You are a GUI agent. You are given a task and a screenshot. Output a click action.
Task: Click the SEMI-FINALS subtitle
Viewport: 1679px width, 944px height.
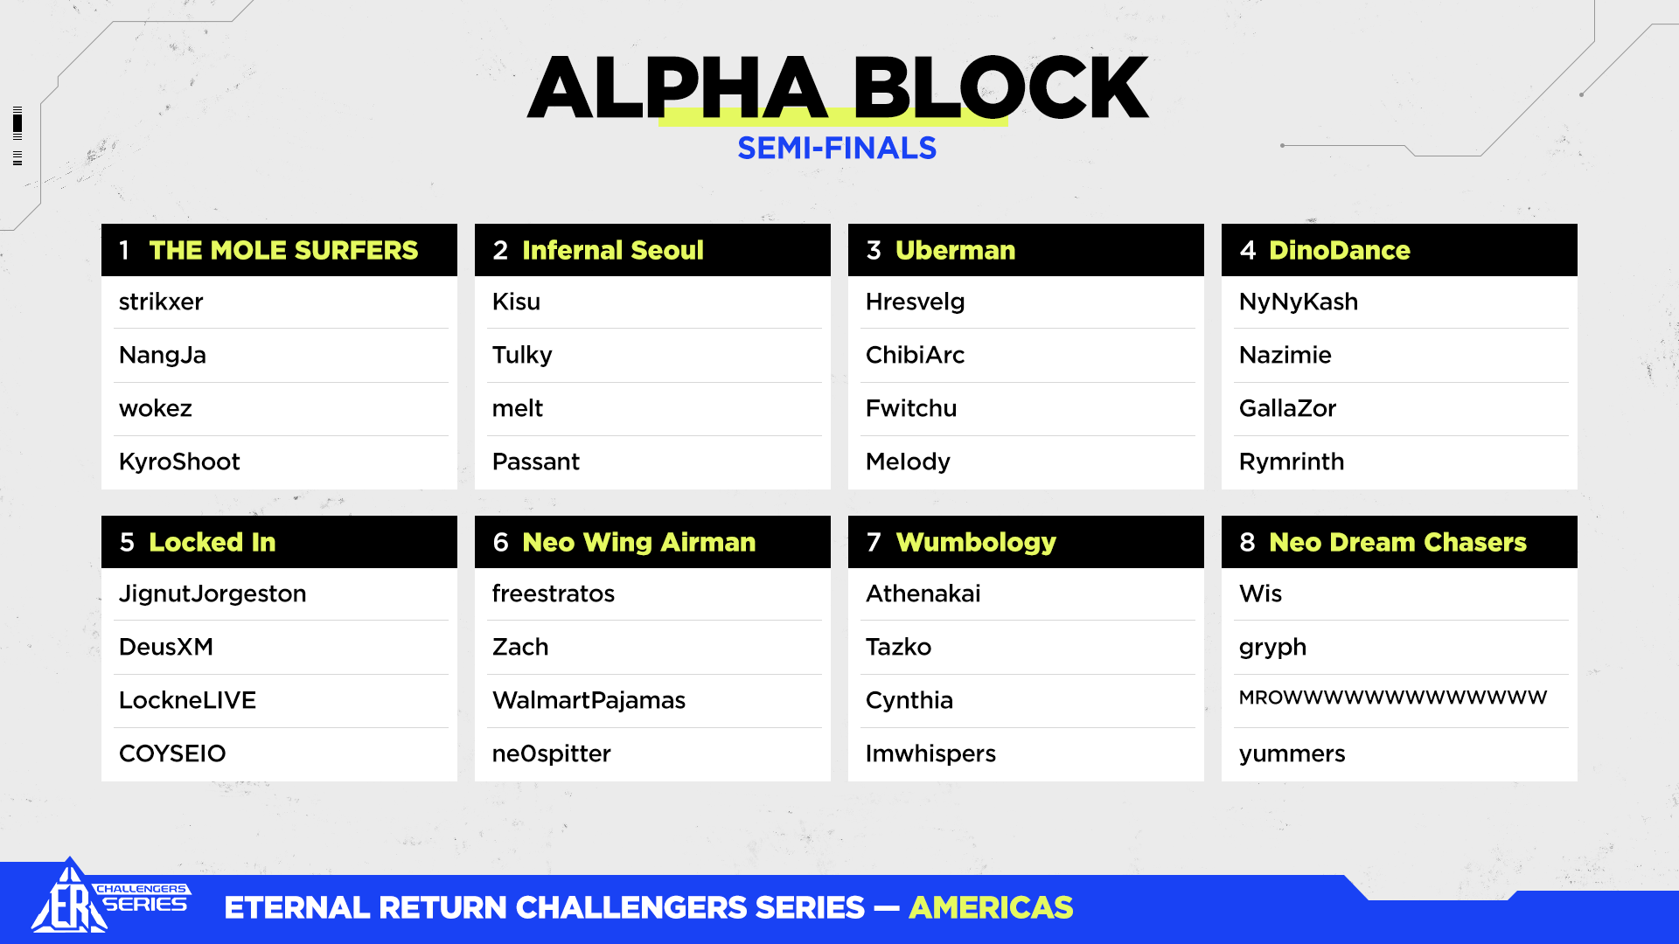click(x=837, y=149)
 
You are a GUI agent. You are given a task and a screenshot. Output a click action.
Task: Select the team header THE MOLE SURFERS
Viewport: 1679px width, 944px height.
click(x=283, y=250)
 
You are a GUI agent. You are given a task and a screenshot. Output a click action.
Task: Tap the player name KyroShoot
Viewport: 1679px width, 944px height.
click(x=179, y=462)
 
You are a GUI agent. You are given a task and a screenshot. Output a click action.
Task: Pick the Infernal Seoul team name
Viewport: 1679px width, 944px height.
click(x=613, y=250)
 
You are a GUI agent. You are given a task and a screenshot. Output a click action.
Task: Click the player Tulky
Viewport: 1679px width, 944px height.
click(x=522, y=356)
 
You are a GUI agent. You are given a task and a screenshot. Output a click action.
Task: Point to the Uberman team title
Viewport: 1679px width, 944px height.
click(x=956, y=250)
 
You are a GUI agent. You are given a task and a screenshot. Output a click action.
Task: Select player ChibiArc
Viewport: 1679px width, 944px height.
click(x=915, y=355)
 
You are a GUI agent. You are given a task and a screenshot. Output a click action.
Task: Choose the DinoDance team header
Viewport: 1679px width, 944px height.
click(x=1340, y=250)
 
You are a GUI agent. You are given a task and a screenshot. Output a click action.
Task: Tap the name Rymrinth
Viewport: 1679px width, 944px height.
click(x=1292, y=462)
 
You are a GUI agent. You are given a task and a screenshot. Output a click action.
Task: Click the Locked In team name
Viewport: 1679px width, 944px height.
click(x=212, y=542)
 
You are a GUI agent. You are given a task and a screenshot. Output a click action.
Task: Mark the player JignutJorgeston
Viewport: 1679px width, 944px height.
click(x=212, y=594)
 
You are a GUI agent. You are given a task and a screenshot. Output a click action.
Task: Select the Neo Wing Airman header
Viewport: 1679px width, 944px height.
click(x=639, y=543)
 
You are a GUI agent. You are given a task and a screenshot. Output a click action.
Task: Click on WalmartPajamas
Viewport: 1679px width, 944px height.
click(x=589, y=700)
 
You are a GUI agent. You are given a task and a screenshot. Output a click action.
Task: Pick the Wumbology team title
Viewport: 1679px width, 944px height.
click(x=976, y=543)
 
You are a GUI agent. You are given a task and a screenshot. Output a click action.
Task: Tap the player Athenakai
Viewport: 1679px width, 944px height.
click(x=923, y=593)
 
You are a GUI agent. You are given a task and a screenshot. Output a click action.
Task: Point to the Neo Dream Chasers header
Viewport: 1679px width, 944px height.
click(x=1397, y=542)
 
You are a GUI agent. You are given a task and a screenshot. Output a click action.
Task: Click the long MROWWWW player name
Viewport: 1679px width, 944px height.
click(x=1393, y=698)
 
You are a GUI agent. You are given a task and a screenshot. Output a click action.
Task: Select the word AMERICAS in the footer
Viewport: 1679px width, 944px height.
click(x=991, y=907)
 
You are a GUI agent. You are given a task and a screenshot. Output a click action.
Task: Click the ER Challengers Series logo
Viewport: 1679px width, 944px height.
click(x=110, y=897)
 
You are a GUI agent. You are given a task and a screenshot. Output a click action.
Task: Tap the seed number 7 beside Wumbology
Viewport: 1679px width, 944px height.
click(x=874, y=542)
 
